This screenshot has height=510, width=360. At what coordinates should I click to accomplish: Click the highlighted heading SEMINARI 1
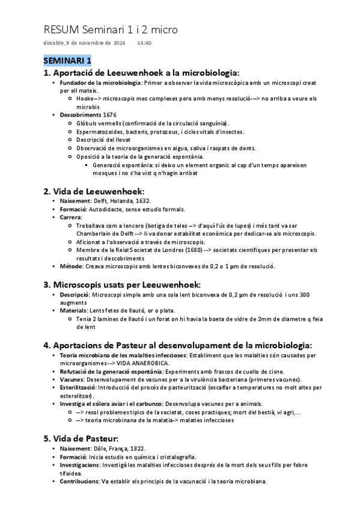click(x=67, y=61)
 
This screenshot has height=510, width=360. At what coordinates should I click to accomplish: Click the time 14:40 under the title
click(x=144, y=43)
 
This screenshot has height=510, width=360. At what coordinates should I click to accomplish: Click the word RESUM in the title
click(x=62, y=29)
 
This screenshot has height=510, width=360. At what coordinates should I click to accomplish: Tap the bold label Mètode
click(x=72, y=266)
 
